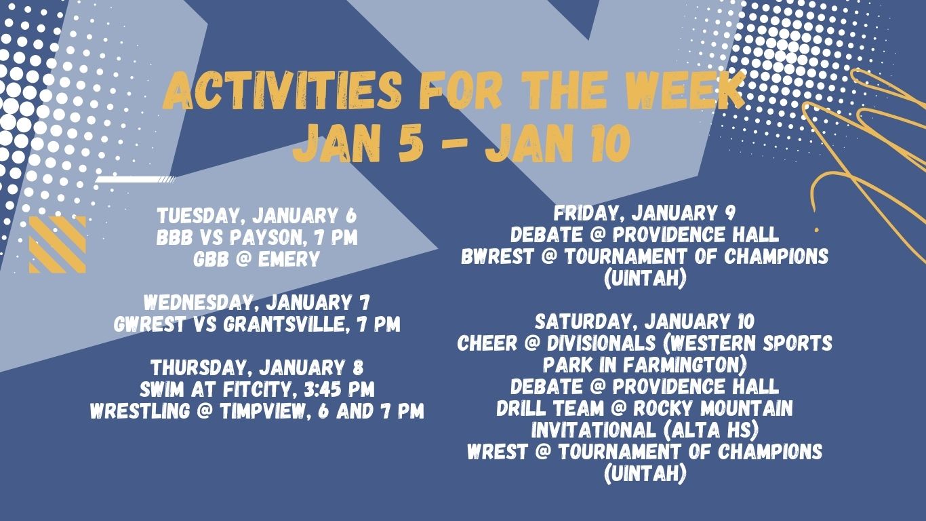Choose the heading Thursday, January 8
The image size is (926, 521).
coord(256,368)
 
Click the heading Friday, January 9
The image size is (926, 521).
coord(644,214)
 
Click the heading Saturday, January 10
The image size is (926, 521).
coord(644,321)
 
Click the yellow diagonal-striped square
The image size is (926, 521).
coord(57,244)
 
